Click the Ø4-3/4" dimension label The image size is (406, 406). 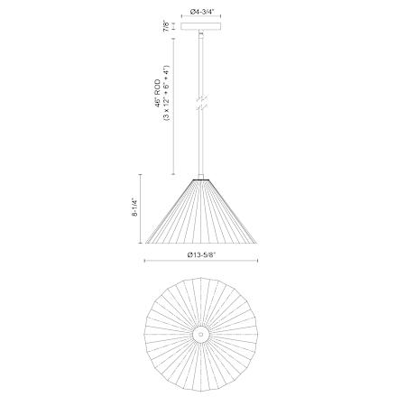point(202,12)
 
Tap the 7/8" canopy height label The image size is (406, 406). point(166,26)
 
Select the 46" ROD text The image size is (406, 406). point(157,93)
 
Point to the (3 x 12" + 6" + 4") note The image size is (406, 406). point(167,93)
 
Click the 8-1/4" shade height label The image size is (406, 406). point(134,208)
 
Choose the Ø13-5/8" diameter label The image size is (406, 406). point(202,255)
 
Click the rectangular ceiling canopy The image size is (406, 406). point(201,26)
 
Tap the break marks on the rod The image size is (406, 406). point(202,103)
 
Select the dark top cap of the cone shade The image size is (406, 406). point(201,180)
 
